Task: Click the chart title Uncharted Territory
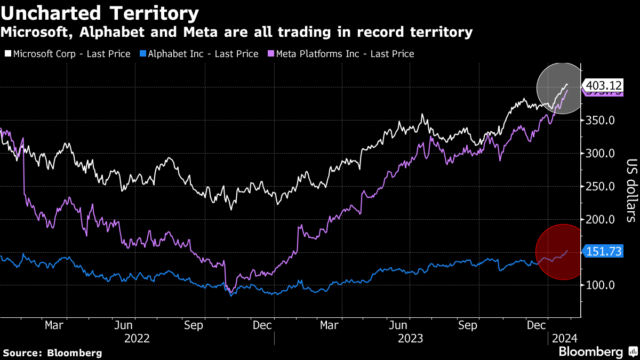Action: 100,13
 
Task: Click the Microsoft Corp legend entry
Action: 68,54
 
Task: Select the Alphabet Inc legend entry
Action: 199,54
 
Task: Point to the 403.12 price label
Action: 603,85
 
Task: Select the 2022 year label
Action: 137,338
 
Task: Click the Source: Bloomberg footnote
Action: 52,353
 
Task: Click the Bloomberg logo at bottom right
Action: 597,351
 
